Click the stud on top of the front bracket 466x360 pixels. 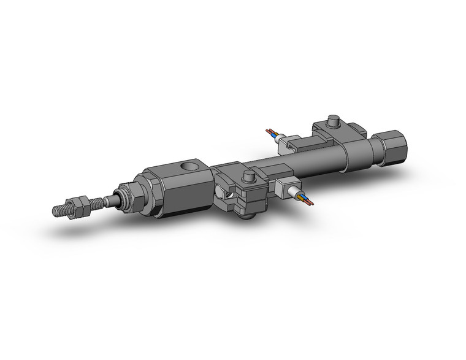point(248,177)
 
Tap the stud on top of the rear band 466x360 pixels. point(333,120)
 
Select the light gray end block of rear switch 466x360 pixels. point(285,147)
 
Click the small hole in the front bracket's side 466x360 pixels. point(228,195)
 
